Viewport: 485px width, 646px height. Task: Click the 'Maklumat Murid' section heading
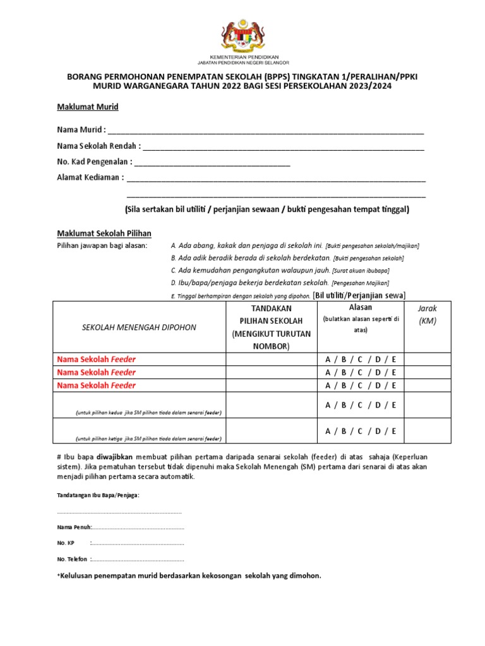[88, 107]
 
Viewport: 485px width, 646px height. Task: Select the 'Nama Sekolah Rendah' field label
[98, 147]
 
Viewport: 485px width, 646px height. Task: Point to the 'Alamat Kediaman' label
[90, 177]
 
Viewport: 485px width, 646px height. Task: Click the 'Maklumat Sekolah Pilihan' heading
[104, 233]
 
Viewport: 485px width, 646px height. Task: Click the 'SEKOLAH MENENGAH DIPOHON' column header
[140, 327]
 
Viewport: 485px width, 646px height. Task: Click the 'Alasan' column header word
[360, 307]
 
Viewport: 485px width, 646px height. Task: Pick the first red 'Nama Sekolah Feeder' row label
[96, 359]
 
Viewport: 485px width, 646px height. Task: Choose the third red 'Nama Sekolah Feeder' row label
[96, 385]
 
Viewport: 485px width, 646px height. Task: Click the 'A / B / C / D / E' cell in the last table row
[361, 432]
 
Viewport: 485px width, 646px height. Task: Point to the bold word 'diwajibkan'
[114, 455]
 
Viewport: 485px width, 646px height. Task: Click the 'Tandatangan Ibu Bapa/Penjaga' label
[98, 495]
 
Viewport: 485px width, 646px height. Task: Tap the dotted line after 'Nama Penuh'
[138, 527]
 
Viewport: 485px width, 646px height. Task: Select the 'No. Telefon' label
[72, 559]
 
